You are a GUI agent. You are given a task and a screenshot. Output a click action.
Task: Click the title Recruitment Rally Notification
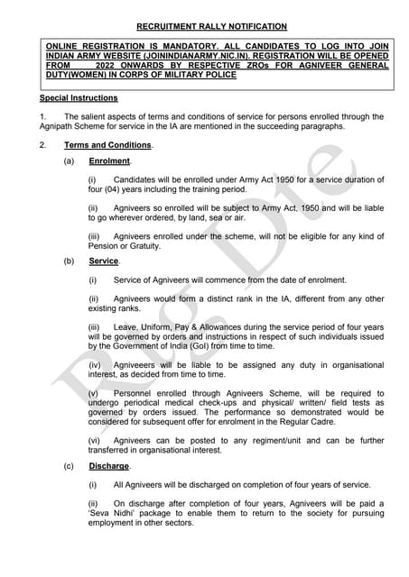pos(204,27)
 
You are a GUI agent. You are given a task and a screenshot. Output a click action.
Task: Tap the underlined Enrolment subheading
pos(109,161)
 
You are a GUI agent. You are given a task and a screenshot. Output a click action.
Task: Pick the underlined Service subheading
pos(103,261)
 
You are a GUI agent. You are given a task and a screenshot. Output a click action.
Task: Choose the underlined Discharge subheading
pos(109,466)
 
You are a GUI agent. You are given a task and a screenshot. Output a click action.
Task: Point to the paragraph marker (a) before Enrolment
pos(69,161)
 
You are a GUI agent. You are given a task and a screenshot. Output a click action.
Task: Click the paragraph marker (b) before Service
pos(69,261)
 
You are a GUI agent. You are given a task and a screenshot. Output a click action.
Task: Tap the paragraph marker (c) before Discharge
pos(69,466)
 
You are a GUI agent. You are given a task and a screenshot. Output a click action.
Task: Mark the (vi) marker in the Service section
pos(94,440)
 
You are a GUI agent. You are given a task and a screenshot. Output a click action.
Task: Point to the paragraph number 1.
pos(42,116)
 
